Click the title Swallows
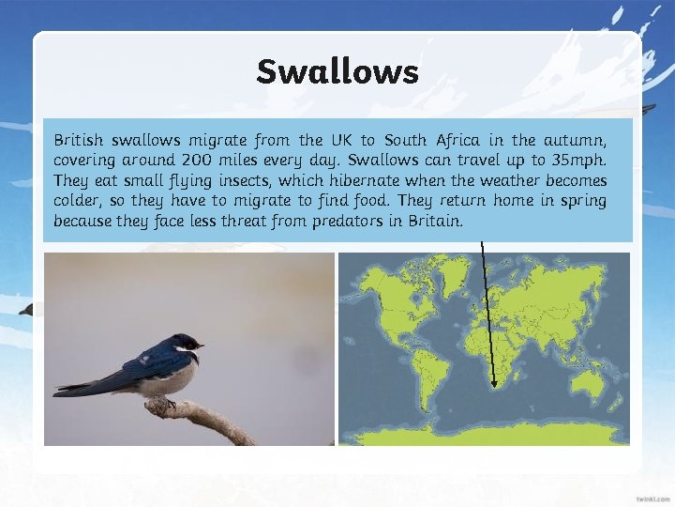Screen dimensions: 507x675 (337, 71)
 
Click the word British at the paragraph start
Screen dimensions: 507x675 (77, 141)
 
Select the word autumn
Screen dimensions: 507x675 (579, 141)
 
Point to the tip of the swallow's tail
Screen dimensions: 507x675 (58, 388)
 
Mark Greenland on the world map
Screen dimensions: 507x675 (454, 271)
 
